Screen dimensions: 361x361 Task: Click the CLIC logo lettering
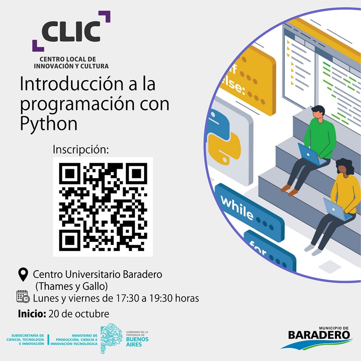pos(71,31)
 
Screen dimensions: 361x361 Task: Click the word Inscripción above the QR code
pos(80,150)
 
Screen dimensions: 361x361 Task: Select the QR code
pos(103,207)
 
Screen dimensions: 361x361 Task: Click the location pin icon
pos(23,274)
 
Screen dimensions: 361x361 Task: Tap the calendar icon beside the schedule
pos(23,297)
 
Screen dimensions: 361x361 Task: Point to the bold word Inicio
pos(32,314)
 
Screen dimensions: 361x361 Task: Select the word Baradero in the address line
pos(143,275)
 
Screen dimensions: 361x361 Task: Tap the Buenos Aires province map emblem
pos(112,338)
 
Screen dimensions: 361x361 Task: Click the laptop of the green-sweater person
pos(311,155)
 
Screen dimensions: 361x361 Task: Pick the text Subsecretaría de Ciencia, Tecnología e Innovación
pos(25,340)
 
